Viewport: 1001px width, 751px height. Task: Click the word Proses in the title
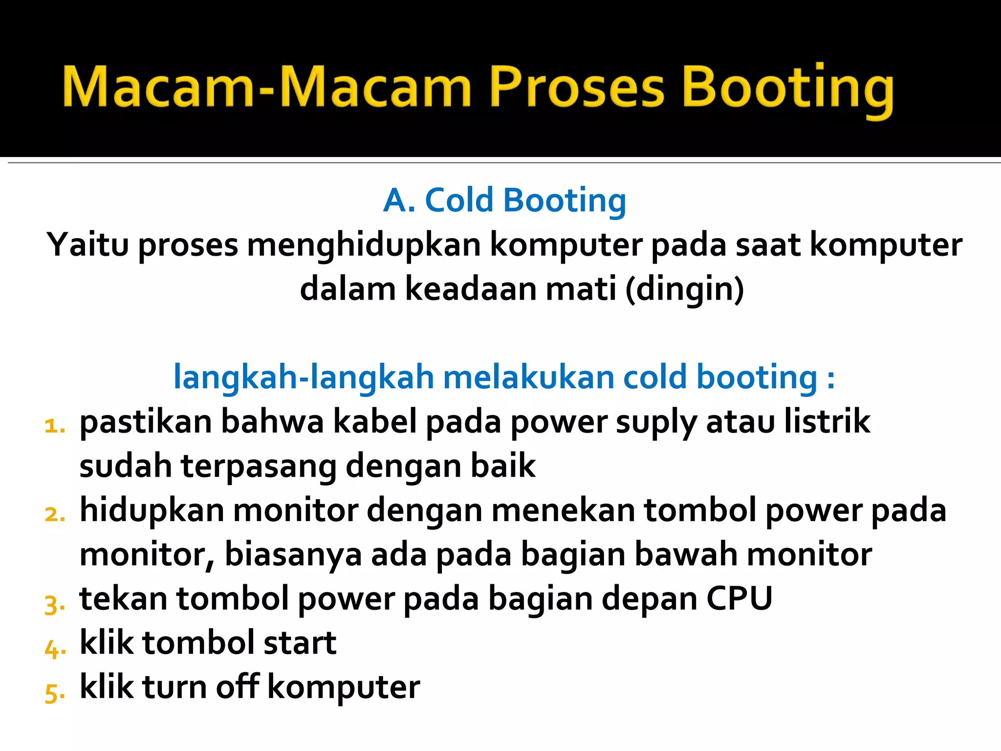577,88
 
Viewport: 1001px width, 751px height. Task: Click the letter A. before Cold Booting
398,200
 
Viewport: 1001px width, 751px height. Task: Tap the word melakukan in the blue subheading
528,377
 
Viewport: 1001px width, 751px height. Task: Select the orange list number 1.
54,425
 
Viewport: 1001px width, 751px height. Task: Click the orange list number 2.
54,514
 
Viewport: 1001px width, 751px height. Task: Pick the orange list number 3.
54,604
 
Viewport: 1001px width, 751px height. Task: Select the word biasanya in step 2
293,555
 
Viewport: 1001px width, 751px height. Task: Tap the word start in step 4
300,643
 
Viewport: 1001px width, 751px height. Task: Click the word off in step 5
237,686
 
